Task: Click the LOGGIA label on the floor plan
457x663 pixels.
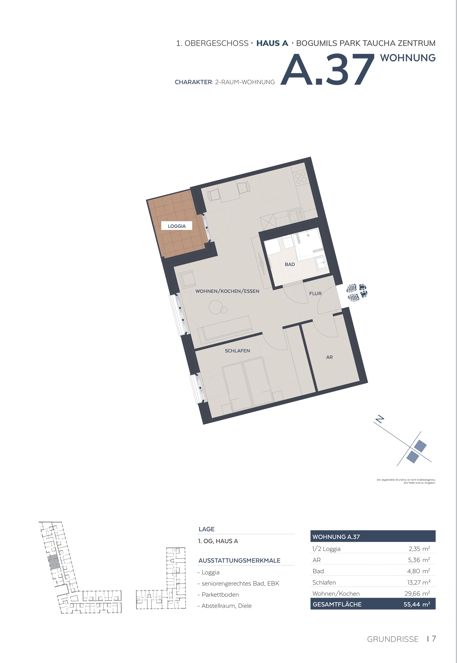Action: [177, 226]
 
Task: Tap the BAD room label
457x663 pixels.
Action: [290, 264]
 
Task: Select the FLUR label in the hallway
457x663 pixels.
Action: [315, 294]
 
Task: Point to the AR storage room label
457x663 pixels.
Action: [329, 357]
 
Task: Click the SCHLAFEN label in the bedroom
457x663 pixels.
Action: [237, 351]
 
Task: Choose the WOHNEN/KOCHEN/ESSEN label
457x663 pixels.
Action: [227, 291]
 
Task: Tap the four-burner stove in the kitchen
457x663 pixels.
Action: [301, 177]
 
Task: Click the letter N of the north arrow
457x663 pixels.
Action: [380, 419]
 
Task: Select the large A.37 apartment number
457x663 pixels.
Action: [327, 69]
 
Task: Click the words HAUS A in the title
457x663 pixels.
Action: [272, 43]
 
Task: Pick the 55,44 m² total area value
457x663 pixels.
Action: [417, 604]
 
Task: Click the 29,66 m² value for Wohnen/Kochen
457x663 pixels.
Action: [417, 594]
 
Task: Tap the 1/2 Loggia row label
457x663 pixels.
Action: [326, 549]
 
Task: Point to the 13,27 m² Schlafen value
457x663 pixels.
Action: [419, 582]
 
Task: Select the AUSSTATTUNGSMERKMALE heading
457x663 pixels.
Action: [239, 561]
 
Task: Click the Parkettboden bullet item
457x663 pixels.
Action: [218, 595]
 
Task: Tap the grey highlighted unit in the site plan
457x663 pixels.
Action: [54, 562]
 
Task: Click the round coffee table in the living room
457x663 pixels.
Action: [215, 307]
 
